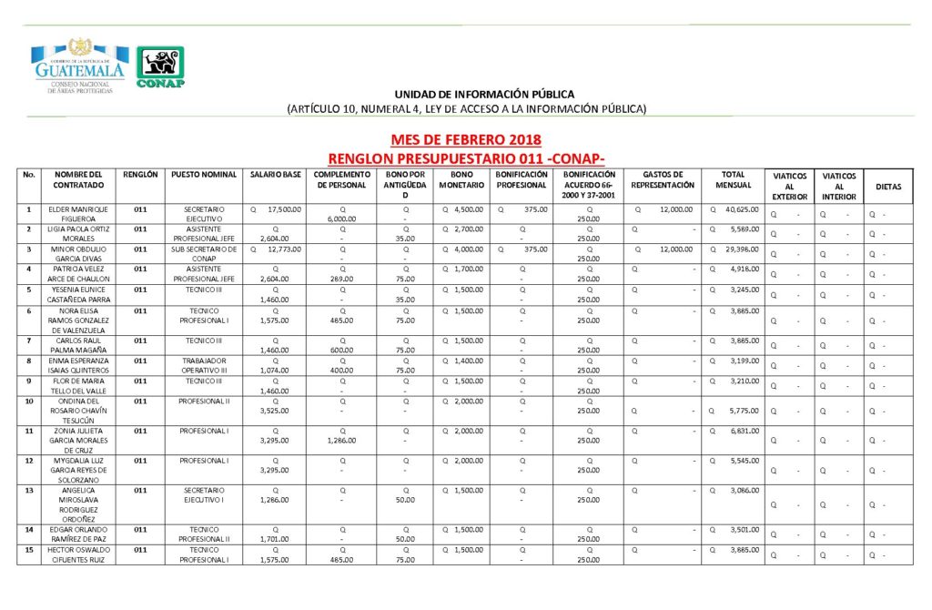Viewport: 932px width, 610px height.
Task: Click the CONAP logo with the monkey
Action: click(161, 67)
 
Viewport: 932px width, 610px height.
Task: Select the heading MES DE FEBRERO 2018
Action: click(465, 140)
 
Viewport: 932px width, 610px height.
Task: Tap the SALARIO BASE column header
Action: click(276, 174)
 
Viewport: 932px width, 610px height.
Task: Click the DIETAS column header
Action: click(888, 187)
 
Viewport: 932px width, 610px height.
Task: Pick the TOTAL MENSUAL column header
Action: click(734, 179)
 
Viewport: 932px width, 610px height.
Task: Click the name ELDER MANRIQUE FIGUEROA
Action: click(78, 214)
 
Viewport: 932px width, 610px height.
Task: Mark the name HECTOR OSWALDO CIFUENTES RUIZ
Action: click(78, 554)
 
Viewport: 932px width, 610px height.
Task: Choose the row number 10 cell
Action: click(29, 401)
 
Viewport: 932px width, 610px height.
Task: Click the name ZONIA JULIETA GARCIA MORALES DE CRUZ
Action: click(78, 440)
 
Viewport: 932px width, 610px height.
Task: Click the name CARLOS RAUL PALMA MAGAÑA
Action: click(78, 345)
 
